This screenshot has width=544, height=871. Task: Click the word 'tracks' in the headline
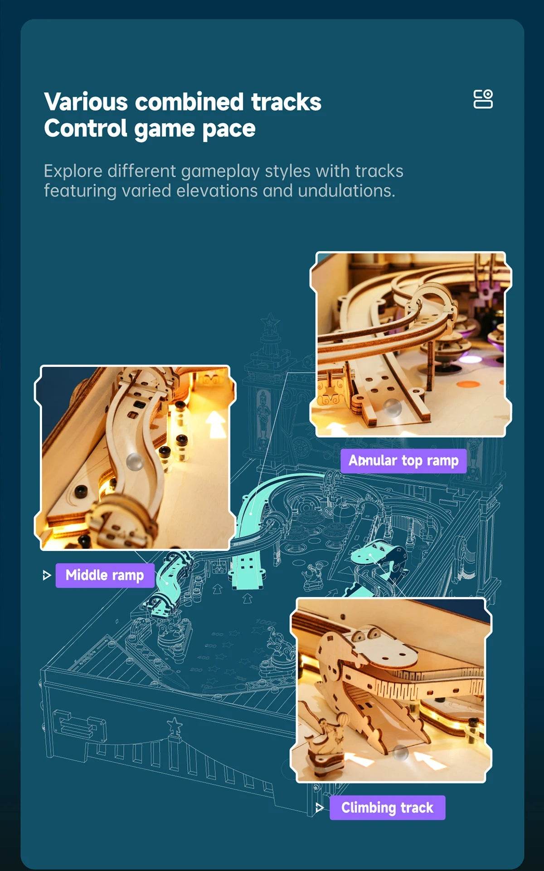pos(286,102)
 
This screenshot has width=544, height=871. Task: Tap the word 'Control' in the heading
pos(85,128)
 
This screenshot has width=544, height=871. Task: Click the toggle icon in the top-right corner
pos(483,99)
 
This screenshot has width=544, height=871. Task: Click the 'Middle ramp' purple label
pos(105,575)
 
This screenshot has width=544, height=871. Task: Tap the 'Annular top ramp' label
pos(403,460)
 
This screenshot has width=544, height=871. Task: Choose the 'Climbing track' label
pos(387,807)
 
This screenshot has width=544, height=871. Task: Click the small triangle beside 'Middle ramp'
pos(46,576)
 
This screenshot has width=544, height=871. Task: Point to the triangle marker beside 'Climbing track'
pos(320,807)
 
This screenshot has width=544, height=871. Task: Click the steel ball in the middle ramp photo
pos(134,461)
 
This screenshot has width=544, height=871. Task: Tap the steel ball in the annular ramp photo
pos(392,407)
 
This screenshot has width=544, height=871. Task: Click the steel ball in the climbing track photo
pos(400,753)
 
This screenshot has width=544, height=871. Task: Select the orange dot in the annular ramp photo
pos(468,384)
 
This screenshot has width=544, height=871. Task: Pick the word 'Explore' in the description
pos(73,171)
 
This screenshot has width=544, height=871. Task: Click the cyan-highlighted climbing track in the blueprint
pos(372,556)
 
